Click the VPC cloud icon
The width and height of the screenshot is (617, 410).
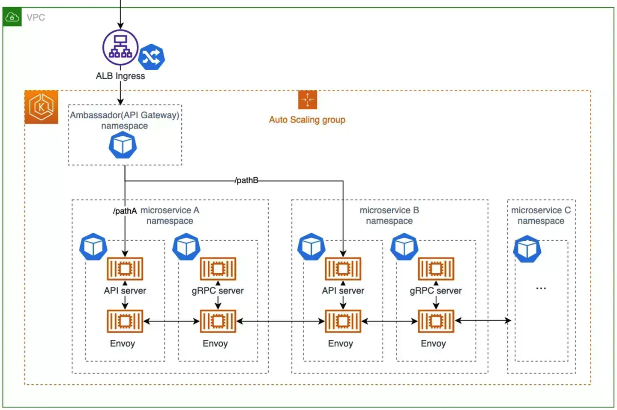(12, 18)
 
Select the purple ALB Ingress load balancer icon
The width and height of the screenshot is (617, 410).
(120, 47)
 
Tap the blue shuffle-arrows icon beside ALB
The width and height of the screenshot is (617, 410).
(151, 57)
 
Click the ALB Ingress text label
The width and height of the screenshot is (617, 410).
(120, 76)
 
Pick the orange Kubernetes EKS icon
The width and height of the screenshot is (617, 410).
(41, 107)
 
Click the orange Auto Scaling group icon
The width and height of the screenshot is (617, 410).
(307, 100)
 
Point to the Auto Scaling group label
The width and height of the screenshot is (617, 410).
(307, 120)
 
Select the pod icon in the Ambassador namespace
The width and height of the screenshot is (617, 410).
(123, 145)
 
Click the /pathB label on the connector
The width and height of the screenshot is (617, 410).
(246, 180)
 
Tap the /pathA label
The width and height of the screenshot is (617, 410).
(125, 211)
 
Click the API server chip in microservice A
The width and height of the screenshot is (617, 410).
(125, 269)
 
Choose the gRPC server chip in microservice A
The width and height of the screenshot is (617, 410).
(218, 269)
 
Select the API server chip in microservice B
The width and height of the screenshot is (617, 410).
(343, 269)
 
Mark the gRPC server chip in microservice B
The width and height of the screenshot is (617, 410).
(436, 269)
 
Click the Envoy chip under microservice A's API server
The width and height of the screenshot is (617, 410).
(125, 321)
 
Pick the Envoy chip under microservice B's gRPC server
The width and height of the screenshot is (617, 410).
(436, 321)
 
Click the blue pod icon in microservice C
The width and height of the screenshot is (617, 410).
(527, 249)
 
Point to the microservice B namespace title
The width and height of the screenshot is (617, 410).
(389, 215)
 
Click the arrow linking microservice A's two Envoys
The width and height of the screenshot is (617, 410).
(171, 321)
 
